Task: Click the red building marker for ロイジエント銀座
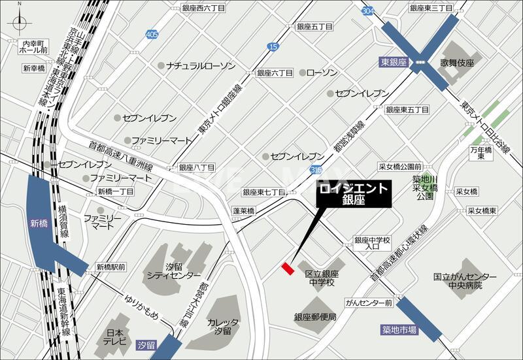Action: (x=287, y=269)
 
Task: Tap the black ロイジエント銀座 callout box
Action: (x=354, y=195)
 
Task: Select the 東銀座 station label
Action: (x=393, y=63)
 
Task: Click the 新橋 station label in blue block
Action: (x=39, y=223)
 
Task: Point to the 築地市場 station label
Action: (x=399, y=331)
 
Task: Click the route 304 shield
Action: (x=368, y=11)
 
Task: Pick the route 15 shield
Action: (x=273, y=46)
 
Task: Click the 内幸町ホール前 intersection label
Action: (x=34, y=46)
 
